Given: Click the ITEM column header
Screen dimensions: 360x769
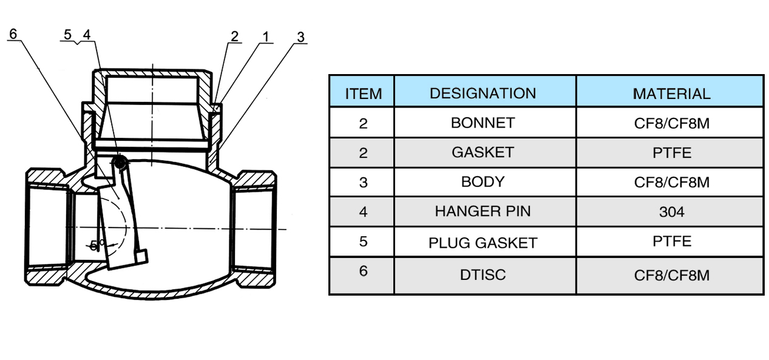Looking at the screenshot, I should [363, 93].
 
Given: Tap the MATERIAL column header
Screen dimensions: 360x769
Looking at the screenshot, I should [671, 93].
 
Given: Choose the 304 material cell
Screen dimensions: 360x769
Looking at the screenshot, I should [671, 212].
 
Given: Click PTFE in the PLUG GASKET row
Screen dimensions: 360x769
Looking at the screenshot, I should [671, 241].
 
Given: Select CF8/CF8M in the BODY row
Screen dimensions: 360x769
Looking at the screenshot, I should [671, 182].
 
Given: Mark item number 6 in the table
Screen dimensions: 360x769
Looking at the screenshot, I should [363, 271].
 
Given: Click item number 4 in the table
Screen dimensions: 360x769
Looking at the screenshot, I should [363, 212].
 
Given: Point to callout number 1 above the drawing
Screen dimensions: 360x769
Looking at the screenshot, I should [265, 36].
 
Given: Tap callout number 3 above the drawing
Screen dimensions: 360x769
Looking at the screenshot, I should [300, 37].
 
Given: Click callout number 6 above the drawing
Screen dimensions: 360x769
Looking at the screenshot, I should [13, 33].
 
